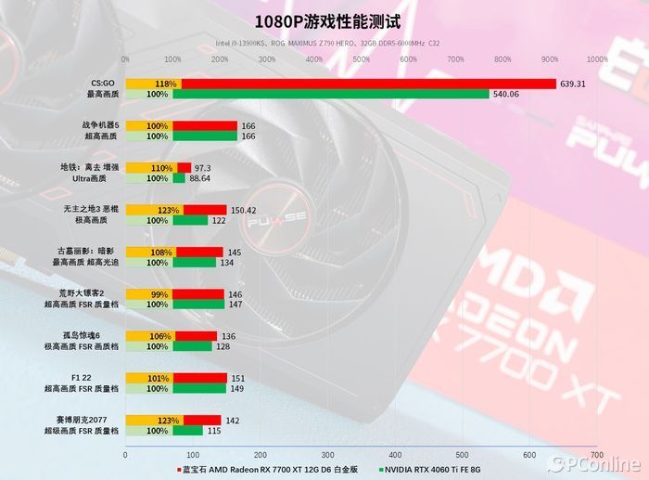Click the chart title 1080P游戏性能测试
coord(324,19)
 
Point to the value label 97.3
coord(203,168)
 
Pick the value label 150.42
coord(244,210)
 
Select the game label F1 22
coord(108,378)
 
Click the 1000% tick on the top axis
coord(597,59)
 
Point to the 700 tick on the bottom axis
coord(597,455)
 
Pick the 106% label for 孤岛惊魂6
coord(158,336)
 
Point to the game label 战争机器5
coord(100,125)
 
